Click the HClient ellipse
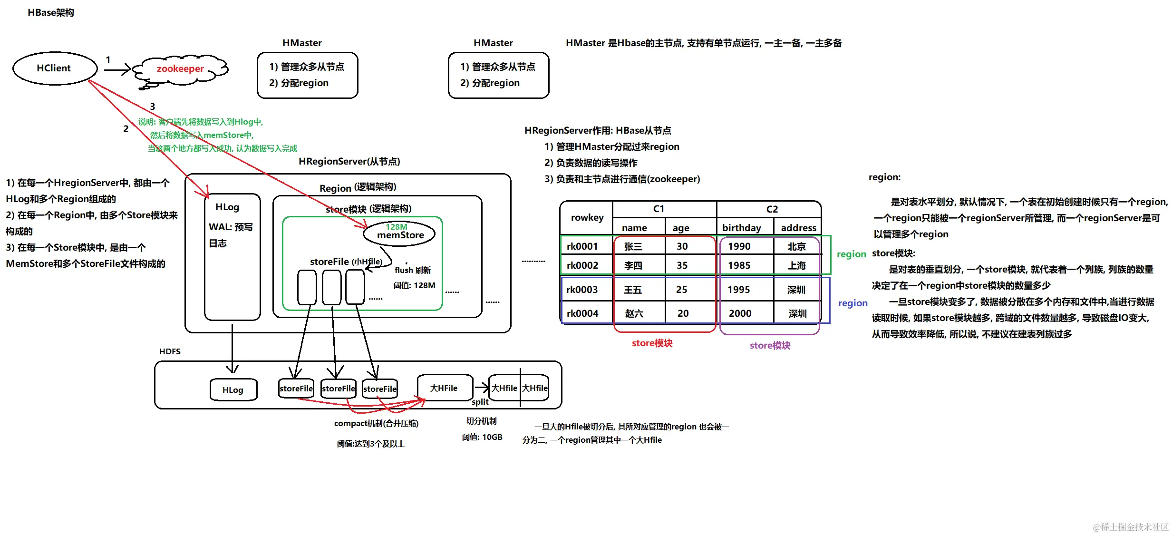pos(54,68)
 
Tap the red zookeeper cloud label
pos(180,68)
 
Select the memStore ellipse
pos(399,233)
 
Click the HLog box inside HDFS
pos(233,390)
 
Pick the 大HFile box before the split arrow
pos(444,388)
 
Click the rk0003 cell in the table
pos(582,290)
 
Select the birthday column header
pos(741,228)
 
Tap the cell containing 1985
pos(739,265)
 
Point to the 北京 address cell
pos(796,246)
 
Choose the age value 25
pos(682,290)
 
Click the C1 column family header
pos(659,209)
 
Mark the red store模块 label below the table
pos(652,343)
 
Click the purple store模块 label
pos(770,346)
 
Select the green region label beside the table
pos(851,254)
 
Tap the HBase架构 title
pos(51,12)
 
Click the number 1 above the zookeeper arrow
pos(108,60)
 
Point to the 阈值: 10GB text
pos(482,437)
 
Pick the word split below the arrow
pos(480,402)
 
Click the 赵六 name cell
pos(634,313)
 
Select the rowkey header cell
pos(587,217)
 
